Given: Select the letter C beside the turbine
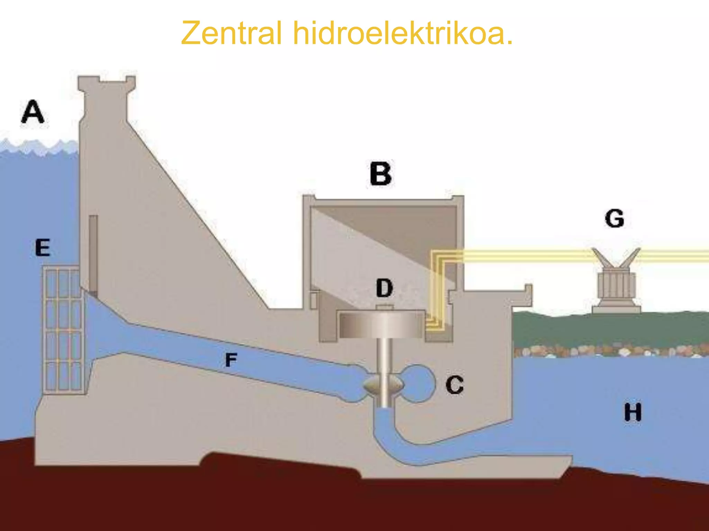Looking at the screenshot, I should click(455, 385).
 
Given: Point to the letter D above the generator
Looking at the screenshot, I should click(385, 288).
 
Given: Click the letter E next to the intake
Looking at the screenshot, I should click(43, 248).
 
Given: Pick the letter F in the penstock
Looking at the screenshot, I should click(231, 360).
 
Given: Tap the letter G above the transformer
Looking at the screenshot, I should click(614, 218).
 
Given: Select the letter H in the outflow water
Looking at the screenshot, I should click(633, 412).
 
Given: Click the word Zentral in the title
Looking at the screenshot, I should click(231, 33).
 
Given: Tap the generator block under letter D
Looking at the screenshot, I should click(382, 324).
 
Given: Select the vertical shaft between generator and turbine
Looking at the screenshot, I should click(384, 356).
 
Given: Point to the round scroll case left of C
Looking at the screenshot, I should click(418, 383).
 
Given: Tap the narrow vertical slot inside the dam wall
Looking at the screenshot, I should click(93, 254).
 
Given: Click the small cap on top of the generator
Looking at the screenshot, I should click(384, 307).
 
